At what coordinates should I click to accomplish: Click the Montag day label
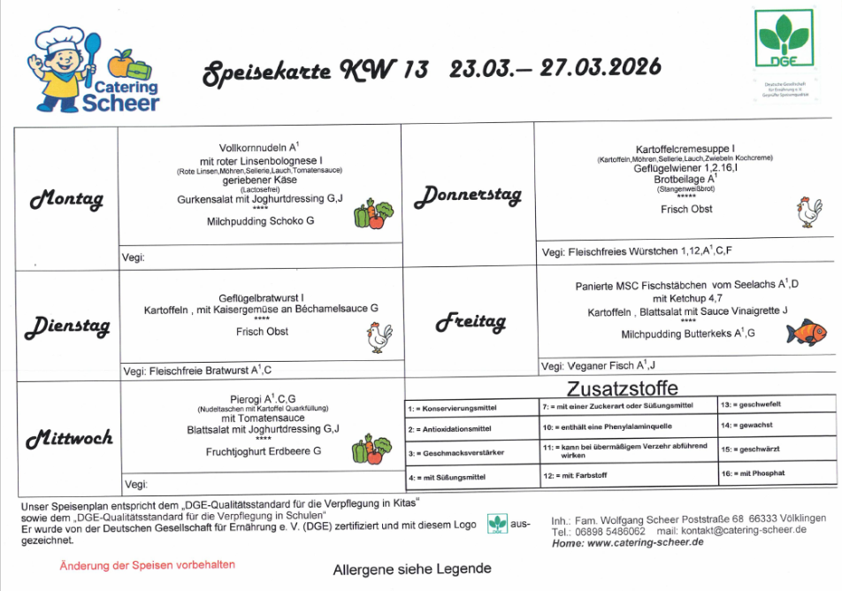[66, 199]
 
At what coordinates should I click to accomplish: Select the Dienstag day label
[67, 326]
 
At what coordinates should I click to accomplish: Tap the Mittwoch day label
[69, 438]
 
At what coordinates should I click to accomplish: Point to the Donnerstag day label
[468, 195]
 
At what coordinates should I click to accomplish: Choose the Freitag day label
[470, 323]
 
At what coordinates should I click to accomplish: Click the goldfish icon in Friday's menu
[806, 333]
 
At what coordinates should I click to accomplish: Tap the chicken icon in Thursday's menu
[808, 212]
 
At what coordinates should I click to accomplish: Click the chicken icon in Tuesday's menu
[379, 337]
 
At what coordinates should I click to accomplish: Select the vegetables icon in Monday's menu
[373, 215]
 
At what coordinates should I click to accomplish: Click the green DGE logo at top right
[784, 41]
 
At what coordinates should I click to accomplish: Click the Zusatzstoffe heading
[622, 388]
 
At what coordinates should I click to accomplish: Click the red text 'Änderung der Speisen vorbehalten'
[147, 564]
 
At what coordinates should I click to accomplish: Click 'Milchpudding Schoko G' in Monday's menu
[260, 220]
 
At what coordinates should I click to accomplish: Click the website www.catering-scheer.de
[646, 542]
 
